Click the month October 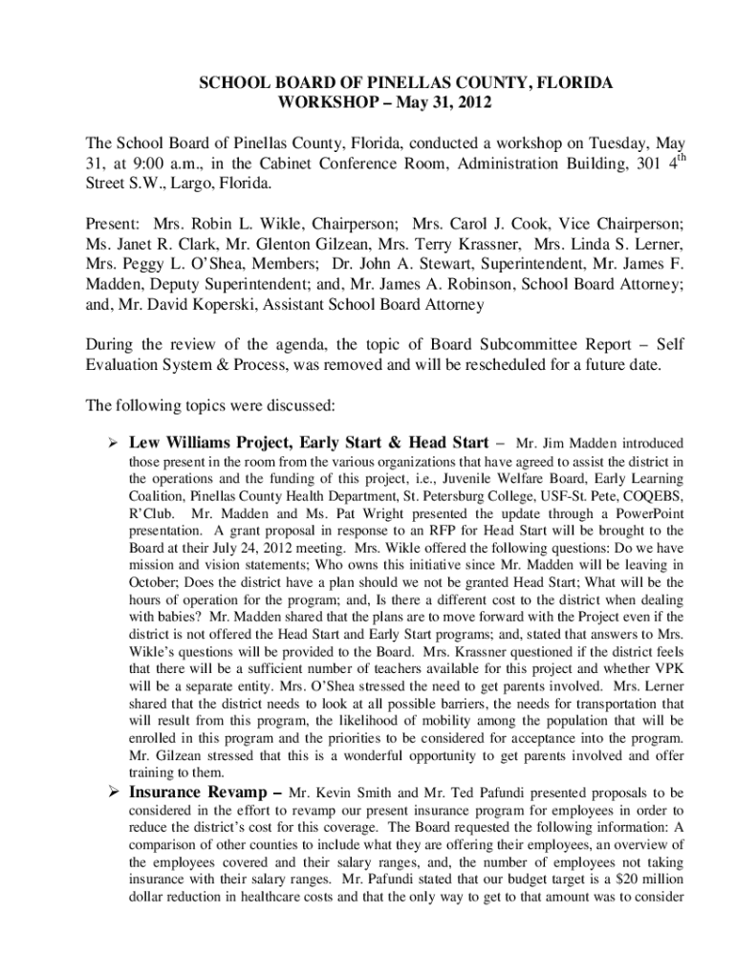[153, 582]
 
